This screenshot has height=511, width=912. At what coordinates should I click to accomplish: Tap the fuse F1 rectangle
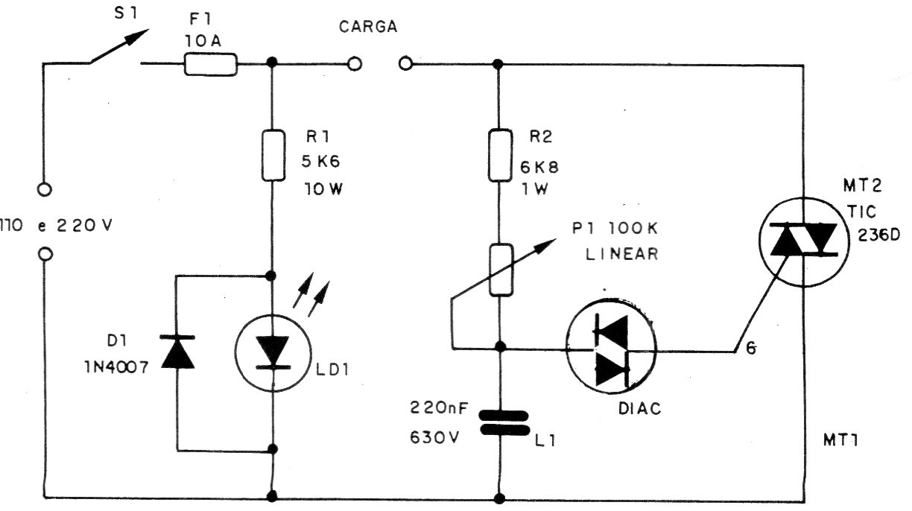pyautogui.click(x=211, y=65)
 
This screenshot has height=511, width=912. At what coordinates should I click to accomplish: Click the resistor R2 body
pyautogui.click(x=498, y=155)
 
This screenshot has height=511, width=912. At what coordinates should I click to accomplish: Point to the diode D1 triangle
pyautogui.click(x=178, y=352)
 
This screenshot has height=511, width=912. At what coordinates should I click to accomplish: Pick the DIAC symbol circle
pyautogui.click(x=611, y=349)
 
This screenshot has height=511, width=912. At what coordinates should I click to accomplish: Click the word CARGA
pyautogui.click(x=368, y=27)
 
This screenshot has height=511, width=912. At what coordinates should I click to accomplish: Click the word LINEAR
pyautogui.click(x=621, y=254)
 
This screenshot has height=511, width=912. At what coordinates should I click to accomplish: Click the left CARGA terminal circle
pyautogui.click(x=355, y=64)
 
